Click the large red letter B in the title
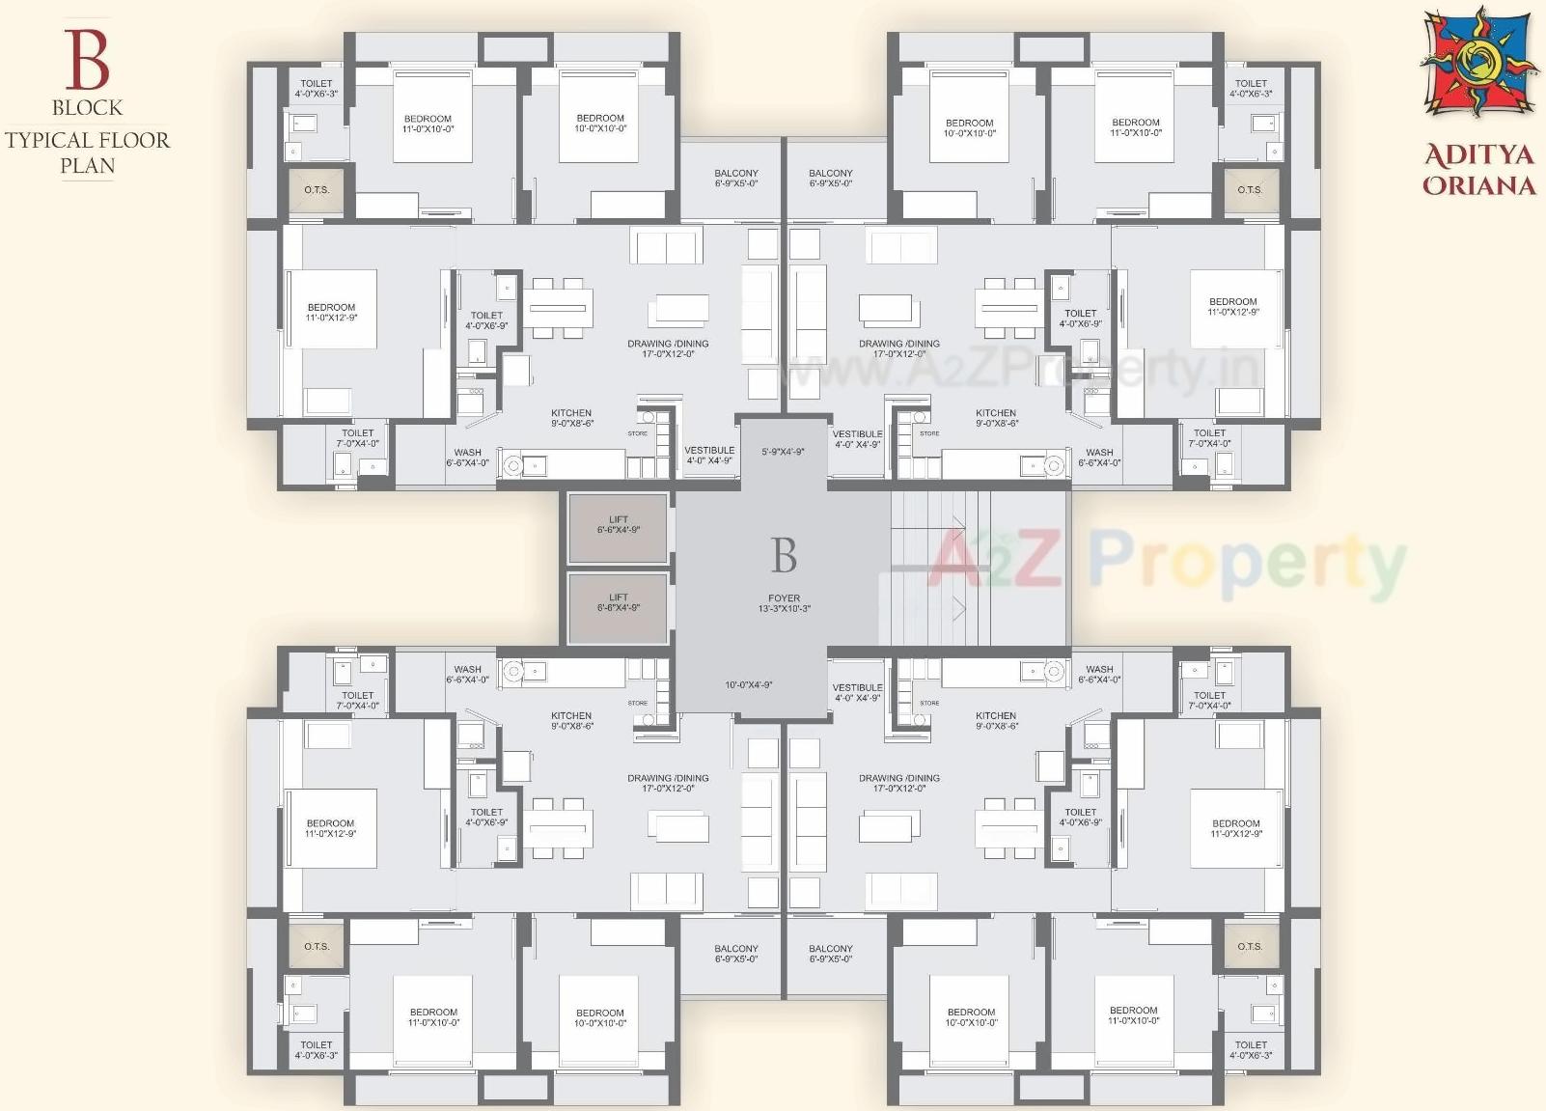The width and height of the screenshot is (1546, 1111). [87, 60]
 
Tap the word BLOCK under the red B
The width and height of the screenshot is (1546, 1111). [87, 107]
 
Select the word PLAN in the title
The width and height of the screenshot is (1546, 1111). [87, 166]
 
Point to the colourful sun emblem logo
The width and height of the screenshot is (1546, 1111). [1477, 64]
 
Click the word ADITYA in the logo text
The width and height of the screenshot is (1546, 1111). [1478, 154]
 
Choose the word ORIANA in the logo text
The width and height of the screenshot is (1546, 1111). [1478, 184]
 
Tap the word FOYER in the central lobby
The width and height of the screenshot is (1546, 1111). [784, 598]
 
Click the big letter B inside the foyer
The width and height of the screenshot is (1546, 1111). [784, 556]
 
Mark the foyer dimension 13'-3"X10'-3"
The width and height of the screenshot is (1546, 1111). [784, 609]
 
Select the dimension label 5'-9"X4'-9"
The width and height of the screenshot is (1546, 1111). [783, 452]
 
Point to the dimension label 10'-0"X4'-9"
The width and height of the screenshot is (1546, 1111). [749, 685]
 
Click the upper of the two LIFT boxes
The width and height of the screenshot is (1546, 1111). [618, 527]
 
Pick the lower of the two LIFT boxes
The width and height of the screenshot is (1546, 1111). [618, 606]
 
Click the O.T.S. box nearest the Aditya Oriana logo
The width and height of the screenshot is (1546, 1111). [1250, 190]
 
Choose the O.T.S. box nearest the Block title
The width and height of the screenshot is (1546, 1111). [317, 190]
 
